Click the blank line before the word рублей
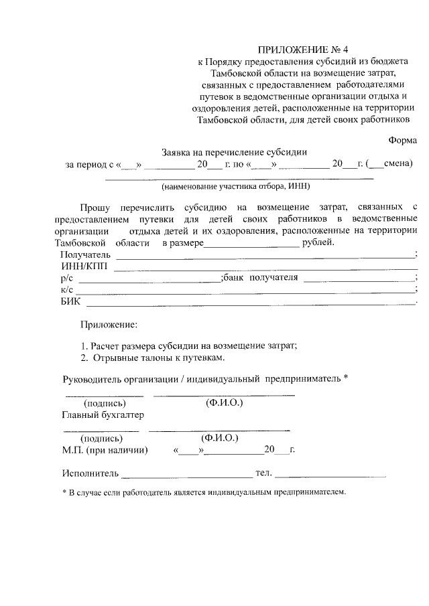(x=251, y=243)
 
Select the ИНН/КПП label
(x=84, y=267)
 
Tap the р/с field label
(x=66, y=278)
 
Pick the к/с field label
(x=66, y=289)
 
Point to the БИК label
(x=70, y=301)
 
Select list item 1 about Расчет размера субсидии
(x=189, y=346)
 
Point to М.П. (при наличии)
(x=105, y=450)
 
